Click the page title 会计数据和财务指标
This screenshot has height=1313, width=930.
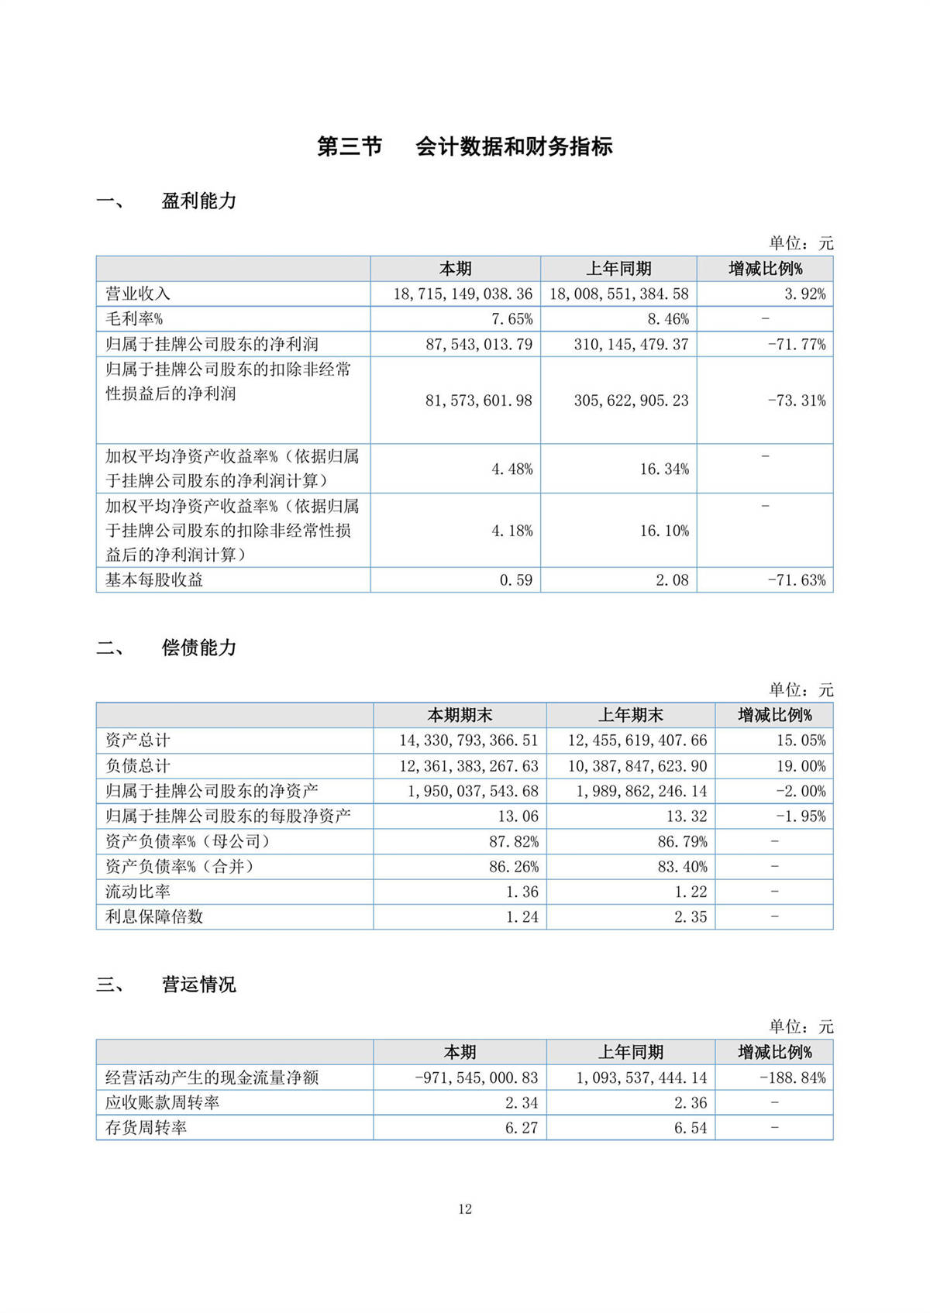click(x=514, y=146)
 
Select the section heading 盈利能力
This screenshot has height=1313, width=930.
click(x=198, y=201)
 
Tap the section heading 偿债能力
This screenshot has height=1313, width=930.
click(x=198, y=648)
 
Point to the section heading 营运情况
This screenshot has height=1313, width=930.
click(x=198, y=985)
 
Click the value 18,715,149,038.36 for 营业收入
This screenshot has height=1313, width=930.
click(x=463, y=294)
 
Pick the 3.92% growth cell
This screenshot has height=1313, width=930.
click(x=804, y=294)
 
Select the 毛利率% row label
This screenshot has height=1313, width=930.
click(x=134, y=319)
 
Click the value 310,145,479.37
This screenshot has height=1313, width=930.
click(x=631, y=345)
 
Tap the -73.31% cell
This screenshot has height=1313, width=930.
click(x=797, y=400)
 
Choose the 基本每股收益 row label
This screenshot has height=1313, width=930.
click(x=154, y=580)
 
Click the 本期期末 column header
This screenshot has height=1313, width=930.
click(x=460, y=715)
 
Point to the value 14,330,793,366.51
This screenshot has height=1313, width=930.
click(x=468, y=741)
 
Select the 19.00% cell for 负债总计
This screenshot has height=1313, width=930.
click(x=801, y=766)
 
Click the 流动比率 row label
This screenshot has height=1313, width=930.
click(x=138, y=892)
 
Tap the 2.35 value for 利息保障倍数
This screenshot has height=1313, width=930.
click(x=691, y=917)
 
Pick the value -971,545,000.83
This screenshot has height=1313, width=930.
click(x=476, y=1078)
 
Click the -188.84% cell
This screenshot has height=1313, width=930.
click(x=792, y=1078)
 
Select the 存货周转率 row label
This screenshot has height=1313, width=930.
click(x=146, y=1128)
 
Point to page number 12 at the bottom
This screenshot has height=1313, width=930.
click(x=465, y=1209)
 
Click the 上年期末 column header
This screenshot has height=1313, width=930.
click(x=630, y=715)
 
